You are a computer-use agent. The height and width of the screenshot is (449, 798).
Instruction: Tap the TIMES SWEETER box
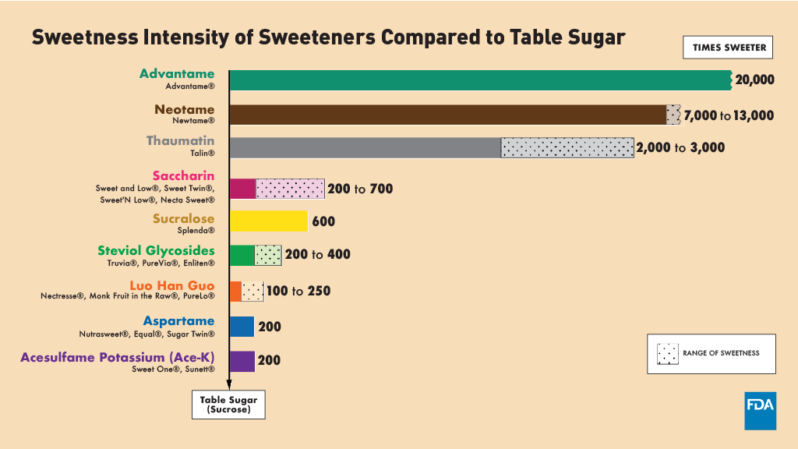pyautogui.click(x=729, y=48)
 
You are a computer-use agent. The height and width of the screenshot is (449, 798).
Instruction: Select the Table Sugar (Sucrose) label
pyautogui.click(x=228, y=405)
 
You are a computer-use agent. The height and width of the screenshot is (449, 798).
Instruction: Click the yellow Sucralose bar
pyautogui.click(x=269, y=221)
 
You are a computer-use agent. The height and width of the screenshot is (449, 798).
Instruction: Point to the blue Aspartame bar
pyautogui.click(x=242, y=327)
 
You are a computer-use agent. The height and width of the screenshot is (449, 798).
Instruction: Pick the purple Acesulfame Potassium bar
pyautogui.click(x=242, y=361)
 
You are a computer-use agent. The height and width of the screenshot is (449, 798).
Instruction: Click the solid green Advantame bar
pyautogui.click(x=479, y=80)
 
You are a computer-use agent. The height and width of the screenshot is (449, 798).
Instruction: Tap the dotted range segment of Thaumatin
pyautogui.click(x=567, y=148)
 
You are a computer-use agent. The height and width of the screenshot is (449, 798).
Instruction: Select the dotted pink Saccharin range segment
pyautogui.click(x=290, y=189)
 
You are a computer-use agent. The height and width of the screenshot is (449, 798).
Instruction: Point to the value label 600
pyautogui.click(x=323, y=221)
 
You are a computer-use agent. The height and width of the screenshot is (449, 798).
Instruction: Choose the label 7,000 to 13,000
pyautogui.click(x=729, y=115)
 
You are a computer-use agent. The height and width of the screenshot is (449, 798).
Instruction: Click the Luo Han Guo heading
pyautogui.click(x=173, y=286)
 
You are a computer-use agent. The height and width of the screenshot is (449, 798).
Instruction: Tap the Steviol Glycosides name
pyautogui.click(x=156, y=250)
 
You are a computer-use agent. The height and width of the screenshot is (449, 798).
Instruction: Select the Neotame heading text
pyautogui.click(x=185, y=110)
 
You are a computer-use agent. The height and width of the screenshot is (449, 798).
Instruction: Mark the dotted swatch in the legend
pyautogui.click(x=668, y=353)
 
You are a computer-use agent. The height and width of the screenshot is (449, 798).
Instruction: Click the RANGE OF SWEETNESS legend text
pyautogui.click(x=721, y=353)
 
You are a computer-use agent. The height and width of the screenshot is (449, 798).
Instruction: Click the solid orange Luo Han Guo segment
pyautogui.click(x=235, y=292)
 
